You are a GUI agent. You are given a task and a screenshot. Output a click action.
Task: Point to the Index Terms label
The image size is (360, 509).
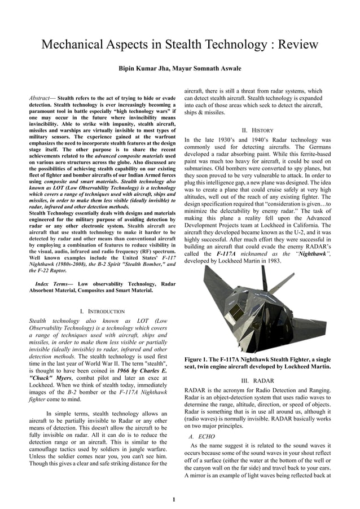[x=52, y=283]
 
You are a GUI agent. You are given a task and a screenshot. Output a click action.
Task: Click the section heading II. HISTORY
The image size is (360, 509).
[x=257, y=129]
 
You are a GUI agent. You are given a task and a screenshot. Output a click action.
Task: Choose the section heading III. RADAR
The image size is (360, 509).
[x=257, y=380]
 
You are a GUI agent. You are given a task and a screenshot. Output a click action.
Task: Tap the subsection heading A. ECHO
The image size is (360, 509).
[x=203, y=437]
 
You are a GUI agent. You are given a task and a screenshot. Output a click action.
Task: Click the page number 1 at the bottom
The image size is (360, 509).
[x=174, y=499]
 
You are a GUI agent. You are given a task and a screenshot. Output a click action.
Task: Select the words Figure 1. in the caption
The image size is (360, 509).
[x=198, y=359]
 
